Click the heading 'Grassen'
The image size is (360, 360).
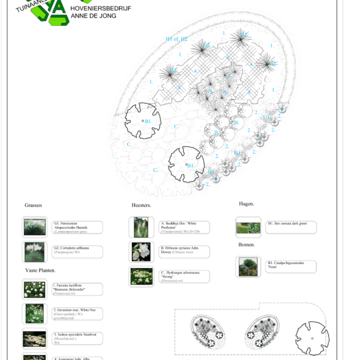click(x=33, y=205)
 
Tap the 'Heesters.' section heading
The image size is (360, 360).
click(x=141, y=205)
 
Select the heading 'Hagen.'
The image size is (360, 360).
click(x=246, y=204)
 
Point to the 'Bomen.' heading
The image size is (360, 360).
click(x=247, y=245)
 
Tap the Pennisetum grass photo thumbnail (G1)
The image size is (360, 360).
click(x=34, y=227)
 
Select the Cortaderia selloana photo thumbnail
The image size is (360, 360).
click(x=34, y=252)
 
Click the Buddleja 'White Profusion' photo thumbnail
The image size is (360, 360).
click(x=142, y=227)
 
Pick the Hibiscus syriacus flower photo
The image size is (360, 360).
click(x=142, y=252)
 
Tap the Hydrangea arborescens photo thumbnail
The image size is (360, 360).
click(x=142, y=276)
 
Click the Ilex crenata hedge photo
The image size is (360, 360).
click(x=248, y=227)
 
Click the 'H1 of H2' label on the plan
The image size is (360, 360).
click(x=176, y=39)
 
